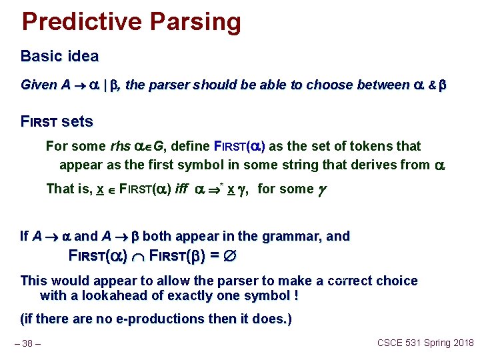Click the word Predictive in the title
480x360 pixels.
pyautogui.click(x=81, y=21)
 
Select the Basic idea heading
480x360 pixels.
pyautogui.click(x=59, y=56)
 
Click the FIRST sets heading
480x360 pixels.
pyautogui.click(x=57, y=122)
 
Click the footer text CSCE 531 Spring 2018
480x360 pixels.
pyautogui.click(x=425, y=343)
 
